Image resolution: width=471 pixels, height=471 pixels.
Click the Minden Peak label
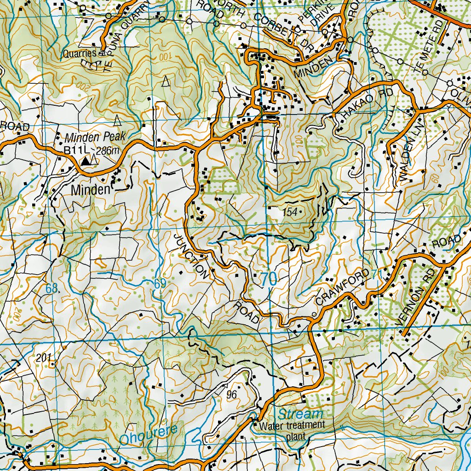95,137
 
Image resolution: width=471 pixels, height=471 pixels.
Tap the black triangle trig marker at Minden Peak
85,161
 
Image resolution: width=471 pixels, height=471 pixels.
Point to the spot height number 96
231,394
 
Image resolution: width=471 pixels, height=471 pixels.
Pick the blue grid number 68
52,289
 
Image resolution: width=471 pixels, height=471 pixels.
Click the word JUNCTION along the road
191,255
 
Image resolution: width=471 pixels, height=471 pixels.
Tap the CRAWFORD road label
342,288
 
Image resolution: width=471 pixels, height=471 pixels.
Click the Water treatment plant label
292,430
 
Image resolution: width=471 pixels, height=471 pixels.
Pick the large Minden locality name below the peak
90,190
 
